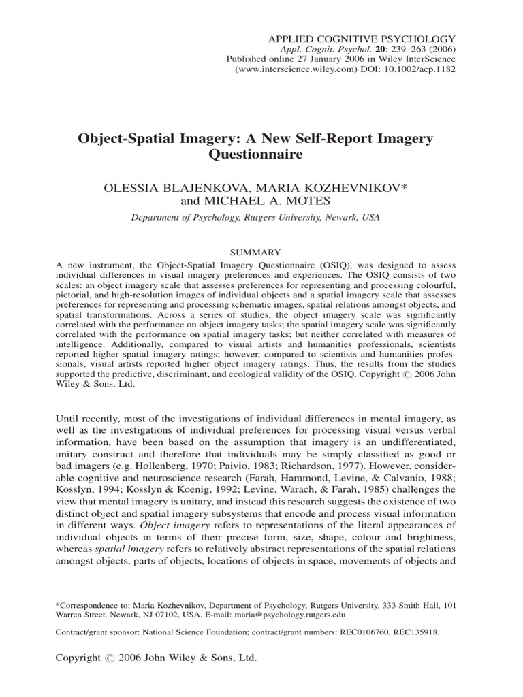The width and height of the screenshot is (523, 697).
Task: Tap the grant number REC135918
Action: coord(416,632)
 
